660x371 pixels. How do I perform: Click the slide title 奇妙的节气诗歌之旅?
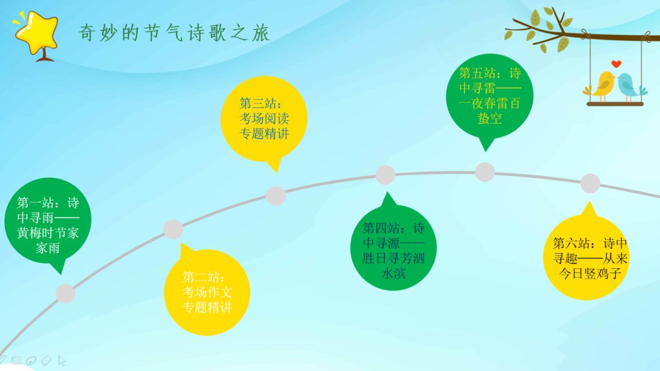[x=174, y=33]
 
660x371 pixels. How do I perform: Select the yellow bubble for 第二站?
[x=208, y=292]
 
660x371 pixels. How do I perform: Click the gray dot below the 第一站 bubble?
[x=65, y=293]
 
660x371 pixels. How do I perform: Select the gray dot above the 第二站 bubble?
[x=173, y=229]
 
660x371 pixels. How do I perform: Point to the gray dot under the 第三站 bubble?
[x=276, y=196]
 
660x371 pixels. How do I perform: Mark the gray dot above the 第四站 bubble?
[x=385, y=175]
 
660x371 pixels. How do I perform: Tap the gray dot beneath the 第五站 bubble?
[x=485, y=172]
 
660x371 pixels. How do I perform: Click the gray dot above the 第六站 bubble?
[x=590, y=183]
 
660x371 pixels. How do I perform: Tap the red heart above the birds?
[x=616, y=64]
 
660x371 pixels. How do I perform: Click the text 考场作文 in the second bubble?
[x=207, y=292]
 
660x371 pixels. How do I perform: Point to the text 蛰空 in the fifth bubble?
[x=490, y=119]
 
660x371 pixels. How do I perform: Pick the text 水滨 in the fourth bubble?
[x=394, y=273]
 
